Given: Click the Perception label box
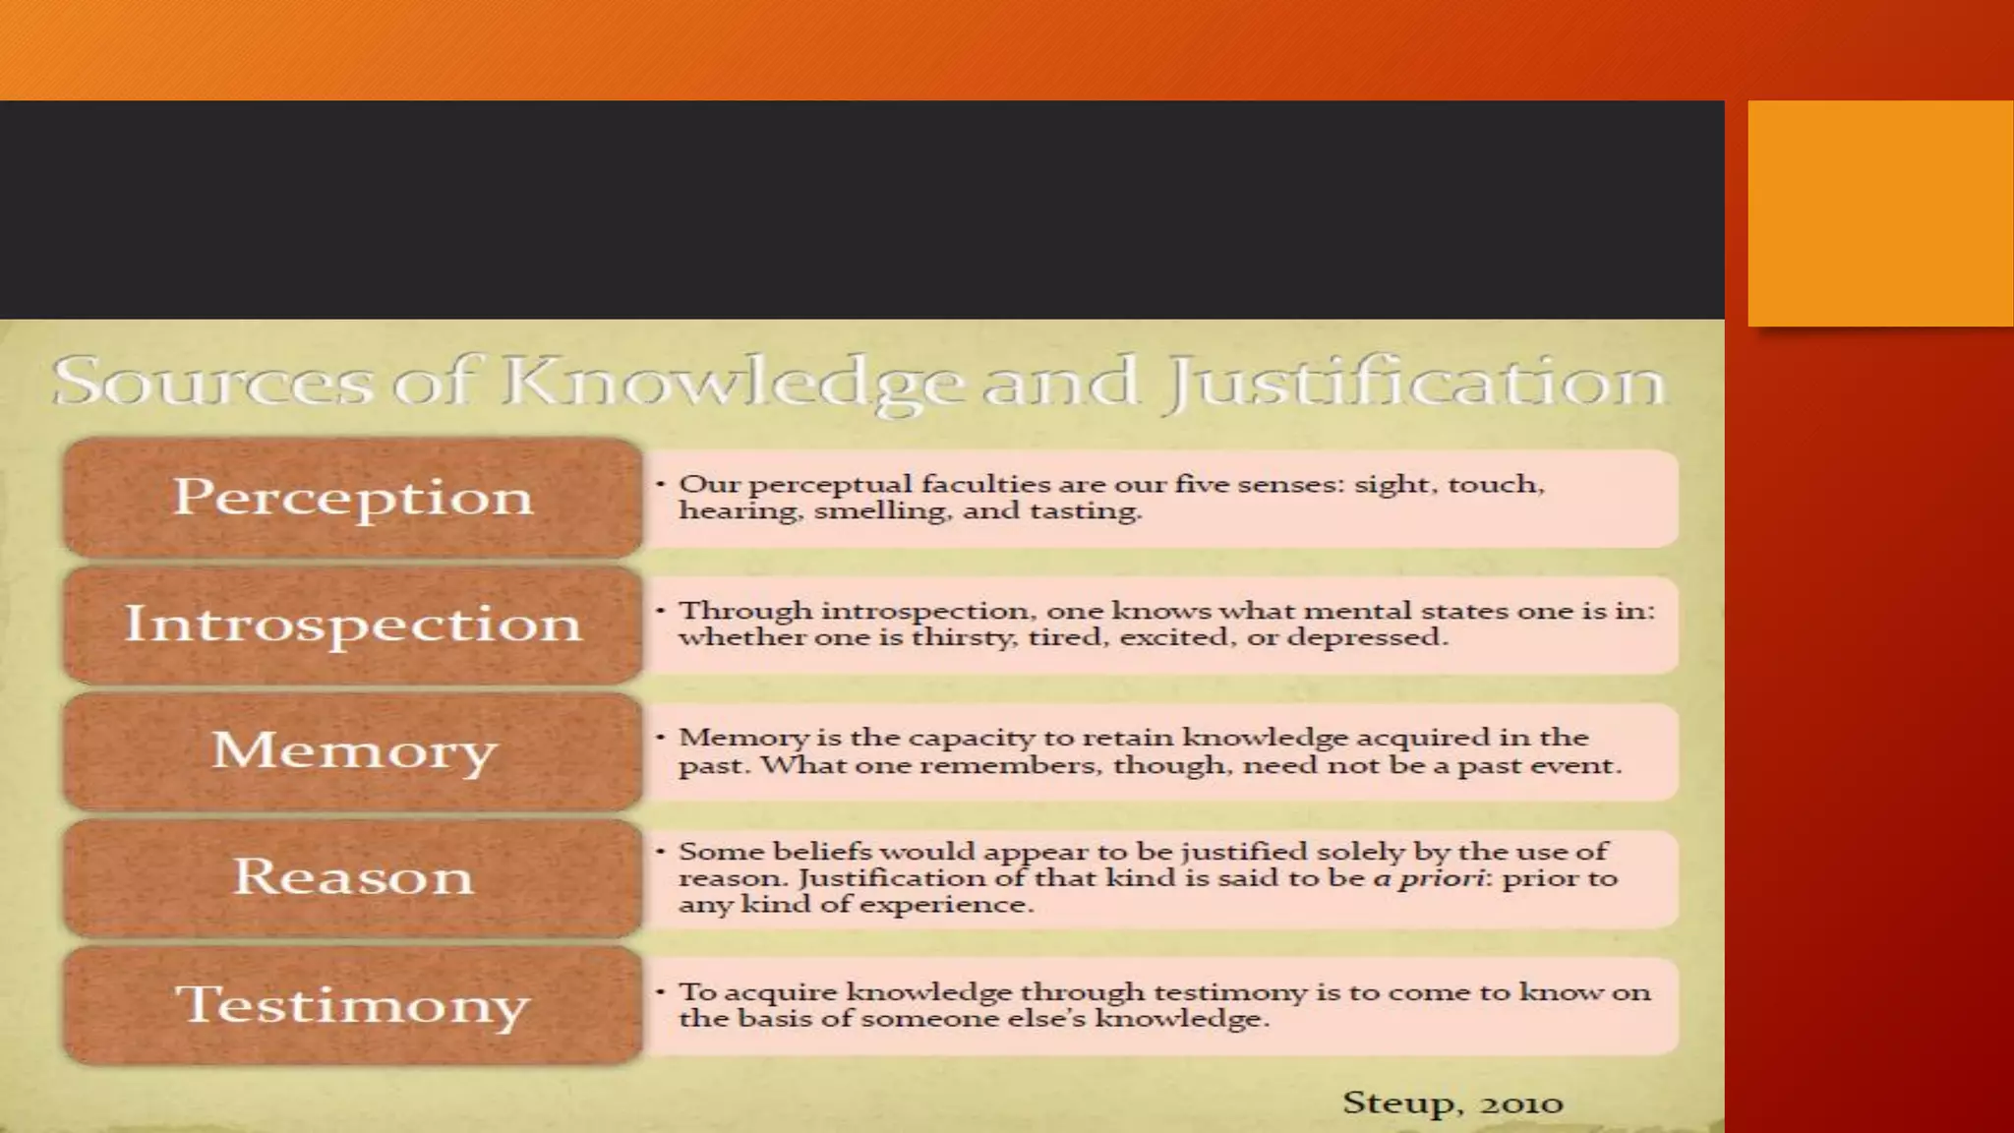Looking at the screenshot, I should click(353, 497).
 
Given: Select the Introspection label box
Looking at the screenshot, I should click(353, 625).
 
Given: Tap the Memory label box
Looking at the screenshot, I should click(353, 751).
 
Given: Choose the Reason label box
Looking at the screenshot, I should click(353, 877).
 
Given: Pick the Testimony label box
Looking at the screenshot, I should click(353, 1005).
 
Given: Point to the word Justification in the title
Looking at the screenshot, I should click(1414, 383).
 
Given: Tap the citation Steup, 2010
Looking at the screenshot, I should click(1452, 1103).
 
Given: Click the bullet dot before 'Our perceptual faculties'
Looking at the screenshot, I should click(661, 484).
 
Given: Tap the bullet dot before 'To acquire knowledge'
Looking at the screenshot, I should click(661, 991).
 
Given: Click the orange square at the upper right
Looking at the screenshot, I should click(1880, 212).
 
